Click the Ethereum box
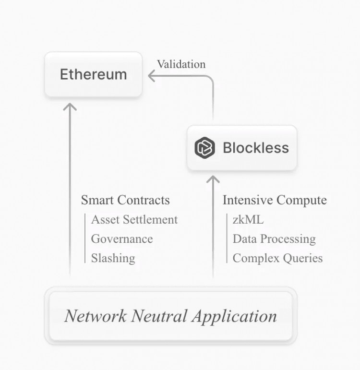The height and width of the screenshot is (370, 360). point(93,75)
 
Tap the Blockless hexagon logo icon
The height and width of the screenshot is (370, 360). point(205,148)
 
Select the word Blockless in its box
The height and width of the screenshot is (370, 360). point(256,148)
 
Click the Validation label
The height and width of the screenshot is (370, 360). point(181,64)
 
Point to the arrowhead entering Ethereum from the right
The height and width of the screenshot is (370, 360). point(152,76)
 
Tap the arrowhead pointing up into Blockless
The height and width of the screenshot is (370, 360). point(213,179)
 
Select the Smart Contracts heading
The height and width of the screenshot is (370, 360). point(125,200)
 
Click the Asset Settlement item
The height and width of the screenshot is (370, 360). point(134,220)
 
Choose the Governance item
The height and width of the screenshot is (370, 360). point(122,239)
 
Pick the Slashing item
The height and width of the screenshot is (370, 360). point(113,258)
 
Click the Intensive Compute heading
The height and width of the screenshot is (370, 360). point(275,200)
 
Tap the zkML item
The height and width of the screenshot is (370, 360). point(248,220)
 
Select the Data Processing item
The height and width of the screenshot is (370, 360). point(274,239)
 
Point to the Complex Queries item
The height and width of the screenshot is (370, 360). point(277,258)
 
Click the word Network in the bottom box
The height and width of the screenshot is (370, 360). point(96,316)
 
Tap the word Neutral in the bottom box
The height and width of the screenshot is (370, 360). point(159,316)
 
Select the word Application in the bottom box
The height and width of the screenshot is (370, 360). point(234,316)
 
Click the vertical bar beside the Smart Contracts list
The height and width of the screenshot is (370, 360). point(85,239)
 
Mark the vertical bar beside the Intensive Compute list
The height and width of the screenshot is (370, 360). point(227,239)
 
